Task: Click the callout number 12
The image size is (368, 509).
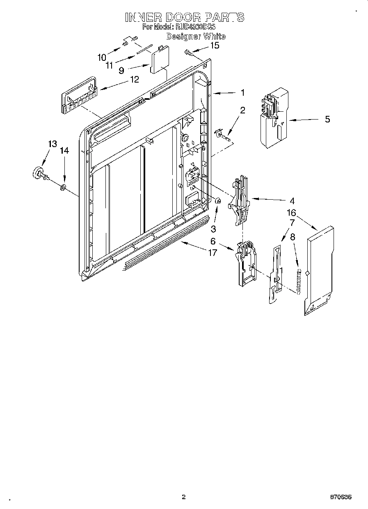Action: [x=135, y=79]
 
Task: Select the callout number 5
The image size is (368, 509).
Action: [x=327, y=120]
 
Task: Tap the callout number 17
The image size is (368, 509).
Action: [x=212, y=253]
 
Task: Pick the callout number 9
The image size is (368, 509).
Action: [x=121, y=70]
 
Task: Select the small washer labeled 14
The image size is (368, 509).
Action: [x=63, y=188]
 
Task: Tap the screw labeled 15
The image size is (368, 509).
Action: [x=189, y=53]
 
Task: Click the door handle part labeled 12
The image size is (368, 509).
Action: [x=79, y=97]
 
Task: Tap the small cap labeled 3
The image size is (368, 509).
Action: [x=218, y=201]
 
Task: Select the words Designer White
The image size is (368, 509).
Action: [x=196, y=36]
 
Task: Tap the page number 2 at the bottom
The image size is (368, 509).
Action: [x=184, y=497]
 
